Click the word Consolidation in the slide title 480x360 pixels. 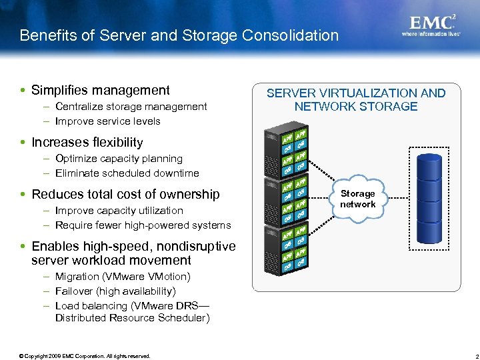click(x=291, y=35)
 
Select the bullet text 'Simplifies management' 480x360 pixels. click(x=101, y=90)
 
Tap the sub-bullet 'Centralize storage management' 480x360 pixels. click(x=131, y=107)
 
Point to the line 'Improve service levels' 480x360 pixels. click(x=107, y=121)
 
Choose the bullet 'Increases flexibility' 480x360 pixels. click(x=87, y=142)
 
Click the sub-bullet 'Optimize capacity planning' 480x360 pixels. click(x=119, y=159)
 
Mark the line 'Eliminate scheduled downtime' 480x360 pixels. click(x=127, y=173)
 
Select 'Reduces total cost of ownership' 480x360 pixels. click(x=125, y=194)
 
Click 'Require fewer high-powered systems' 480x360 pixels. click(x=143, y=225)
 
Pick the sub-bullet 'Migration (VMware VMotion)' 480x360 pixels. click(x=123, y=277)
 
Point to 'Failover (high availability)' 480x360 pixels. click(x=115, y=291)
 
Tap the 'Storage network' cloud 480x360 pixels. click(x=357, y=199)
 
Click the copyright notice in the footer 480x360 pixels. click(x=85, y=356)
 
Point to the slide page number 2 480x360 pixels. click(x=469, y=356)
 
